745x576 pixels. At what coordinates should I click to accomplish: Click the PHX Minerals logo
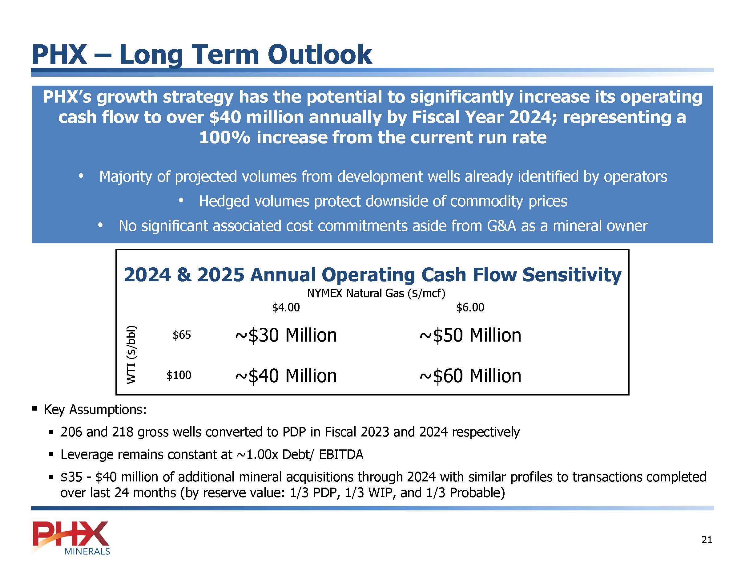[71, 537]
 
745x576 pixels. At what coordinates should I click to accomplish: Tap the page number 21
[707, 539]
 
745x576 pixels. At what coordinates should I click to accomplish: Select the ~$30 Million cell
[286, 335]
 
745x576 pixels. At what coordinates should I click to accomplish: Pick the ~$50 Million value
[470, 335]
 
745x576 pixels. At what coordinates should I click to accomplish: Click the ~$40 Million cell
[286, 376]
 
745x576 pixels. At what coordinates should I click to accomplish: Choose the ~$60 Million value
[470, 376]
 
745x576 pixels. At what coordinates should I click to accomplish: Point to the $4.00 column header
[286, 307]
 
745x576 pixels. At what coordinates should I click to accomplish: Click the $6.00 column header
[470, 307]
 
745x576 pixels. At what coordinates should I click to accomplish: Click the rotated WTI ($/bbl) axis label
[132, 355]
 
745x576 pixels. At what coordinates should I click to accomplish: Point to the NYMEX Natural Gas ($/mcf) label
[376, 293]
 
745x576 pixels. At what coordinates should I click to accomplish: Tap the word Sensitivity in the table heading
[572, 275]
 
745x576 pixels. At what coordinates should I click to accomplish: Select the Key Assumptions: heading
[95, 409]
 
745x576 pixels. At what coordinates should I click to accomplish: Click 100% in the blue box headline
[225, 137]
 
